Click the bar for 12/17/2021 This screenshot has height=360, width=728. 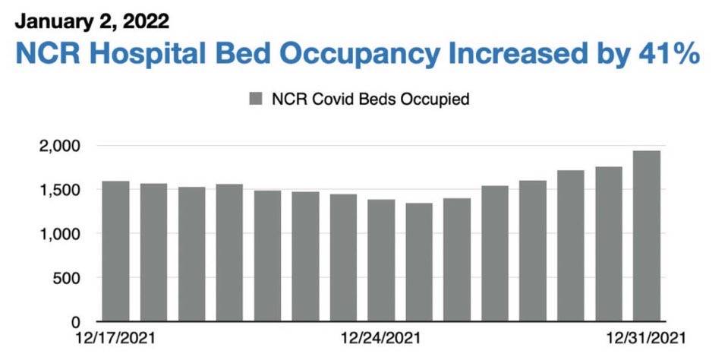(115, 251)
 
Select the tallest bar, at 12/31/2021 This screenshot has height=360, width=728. (647, 235)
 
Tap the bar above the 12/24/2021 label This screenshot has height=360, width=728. (381, 261)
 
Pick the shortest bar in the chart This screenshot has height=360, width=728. (419, 262)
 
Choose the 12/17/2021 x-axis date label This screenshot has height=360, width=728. (115, 338)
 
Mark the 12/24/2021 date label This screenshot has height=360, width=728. (381, 338)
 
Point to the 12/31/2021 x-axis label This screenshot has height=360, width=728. (646, 338)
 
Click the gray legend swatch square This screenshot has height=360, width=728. (256, 99)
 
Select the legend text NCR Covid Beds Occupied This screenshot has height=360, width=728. (370, 99)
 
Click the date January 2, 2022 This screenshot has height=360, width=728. (92, 22)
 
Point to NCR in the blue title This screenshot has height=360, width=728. (46, 55)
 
